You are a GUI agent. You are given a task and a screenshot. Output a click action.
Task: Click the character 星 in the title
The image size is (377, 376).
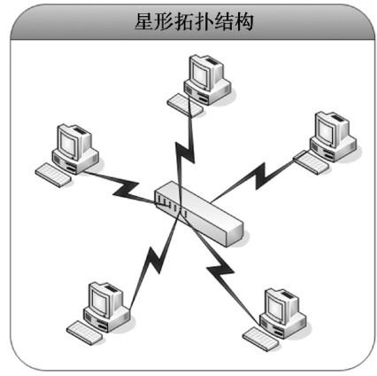pos(144,22)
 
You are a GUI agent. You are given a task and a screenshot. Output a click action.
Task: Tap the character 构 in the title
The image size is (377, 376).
pos(244,22)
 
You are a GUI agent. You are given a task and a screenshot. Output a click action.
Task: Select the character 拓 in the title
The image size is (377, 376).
pos(184,22)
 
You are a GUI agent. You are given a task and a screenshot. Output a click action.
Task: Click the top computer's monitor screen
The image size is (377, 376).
pos(201,74)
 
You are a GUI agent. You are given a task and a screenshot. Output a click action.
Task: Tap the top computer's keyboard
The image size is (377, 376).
pos(185,105)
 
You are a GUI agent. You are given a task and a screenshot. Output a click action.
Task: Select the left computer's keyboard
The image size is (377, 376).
pos(53,175)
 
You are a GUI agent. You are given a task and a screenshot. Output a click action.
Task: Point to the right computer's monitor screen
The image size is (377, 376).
pos(326,130)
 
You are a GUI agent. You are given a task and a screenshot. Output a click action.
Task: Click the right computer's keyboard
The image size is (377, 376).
pos(311,162)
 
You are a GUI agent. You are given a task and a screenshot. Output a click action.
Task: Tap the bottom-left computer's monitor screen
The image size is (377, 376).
pos(101,301)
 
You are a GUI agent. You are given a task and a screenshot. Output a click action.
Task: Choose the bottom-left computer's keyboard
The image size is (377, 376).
pos(85,333)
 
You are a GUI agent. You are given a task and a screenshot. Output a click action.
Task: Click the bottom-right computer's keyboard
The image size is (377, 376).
pos(261,339)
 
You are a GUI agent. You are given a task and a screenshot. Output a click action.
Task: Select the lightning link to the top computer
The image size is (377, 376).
pos(184,153)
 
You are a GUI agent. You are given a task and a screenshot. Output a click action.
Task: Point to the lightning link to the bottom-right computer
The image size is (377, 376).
pos(221,269)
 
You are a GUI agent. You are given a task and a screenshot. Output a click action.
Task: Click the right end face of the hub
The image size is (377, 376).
pos(235,234)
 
